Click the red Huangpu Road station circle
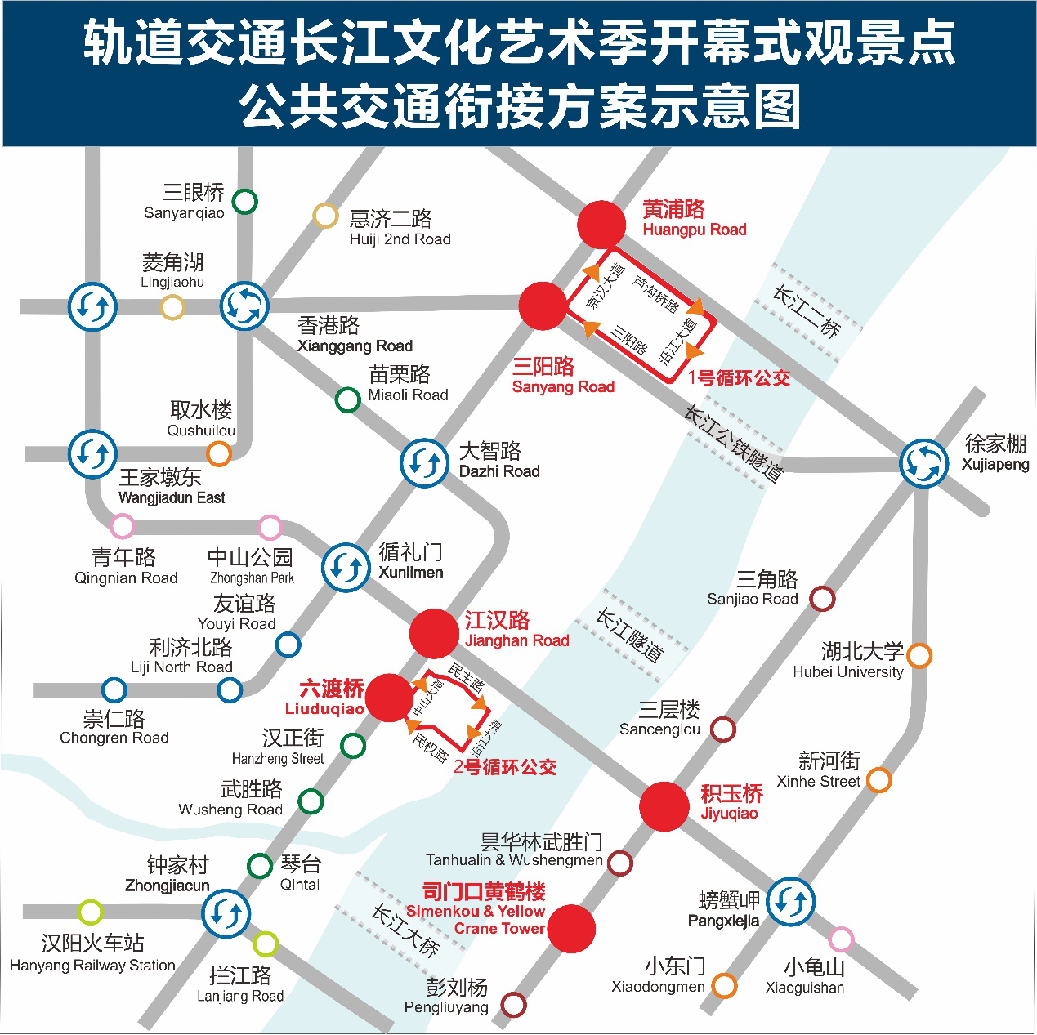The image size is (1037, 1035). click(601, 225)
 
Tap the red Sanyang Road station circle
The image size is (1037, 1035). click(543, 306)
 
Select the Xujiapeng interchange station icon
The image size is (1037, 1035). click(923, 463)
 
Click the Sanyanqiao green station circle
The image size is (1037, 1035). click(244, 201)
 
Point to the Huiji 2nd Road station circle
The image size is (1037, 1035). click(325, 216)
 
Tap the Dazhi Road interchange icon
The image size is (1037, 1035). click(424, 463)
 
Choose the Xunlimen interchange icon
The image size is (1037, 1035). click(346, 567)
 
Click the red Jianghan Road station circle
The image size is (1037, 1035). click(434, 633)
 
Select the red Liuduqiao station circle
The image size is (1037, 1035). click(390, 698)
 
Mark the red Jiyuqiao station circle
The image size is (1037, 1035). click(664, 806)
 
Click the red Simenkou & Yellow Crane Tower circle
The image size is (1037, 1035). click(571, 928)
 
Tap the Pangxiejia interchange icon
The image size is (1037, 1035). click(790, 902)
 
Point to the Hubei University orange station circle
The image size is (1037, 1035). click(919, 655)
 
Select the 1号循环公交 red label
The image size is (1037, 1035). click(739, 378)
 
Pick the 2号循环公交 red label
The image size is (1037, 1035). click(505, 767)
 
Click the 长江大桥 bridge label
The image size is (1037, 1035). click(406, 930)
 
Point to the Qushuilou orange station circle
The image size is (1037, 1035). click(218, 453)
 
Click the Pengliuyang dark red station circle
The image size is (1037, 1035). click(513, 1005)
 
